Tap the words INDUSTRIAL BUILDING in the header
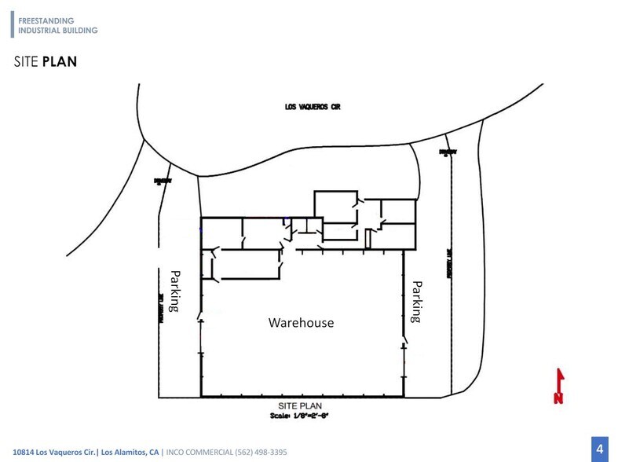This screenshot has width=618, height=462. coord(57,30)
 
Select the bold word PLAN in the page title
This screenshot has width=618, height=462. coord(60,61)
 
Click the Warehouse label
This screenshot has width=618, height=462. coord(301,322)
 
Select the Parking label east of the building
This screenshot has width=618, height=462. coord(418,301)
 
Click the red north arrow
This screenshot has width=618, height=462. coord(559,379)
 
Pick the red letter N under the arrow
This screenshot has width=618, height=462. coord(558,398)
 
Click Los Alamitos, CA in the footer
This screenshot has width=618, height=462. coord(130,451)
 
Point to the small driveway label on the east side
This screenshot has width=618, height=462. coord(448,152)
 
